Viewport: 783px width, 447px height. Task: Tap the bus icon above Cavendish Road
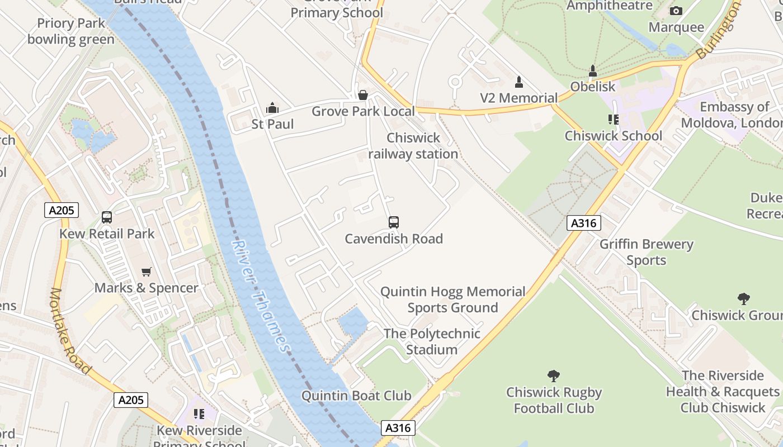[394, 222]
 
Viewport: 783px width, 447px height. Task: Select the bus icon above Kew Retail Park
[107, 217]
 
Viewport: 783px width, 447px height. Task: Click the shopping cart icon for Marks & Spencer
[147, 272]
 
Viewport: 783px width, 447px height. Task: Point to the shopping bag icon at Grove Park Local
[363, 95]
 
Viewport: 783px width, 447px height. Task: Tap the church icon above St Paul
[272, 108]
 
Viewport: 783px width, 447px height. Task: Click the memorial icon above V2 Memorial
[519, 82]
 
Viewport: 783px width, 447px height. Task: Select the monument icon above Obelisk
[593, 71]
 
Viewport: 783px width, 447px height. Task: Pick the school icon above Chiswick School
[614, 120]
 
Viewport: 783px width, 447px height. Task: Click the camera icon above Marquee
[676, 11]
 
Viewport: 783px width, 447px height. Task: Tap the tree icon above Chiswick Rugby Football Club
[554, 376]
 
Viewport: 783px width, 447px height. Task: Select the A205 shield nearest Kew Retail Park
[62, 210]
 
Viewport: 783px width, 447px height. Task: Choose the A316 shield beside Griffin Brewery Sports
[584, 223]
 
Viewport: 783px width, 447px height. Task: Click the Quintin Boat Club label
[356, 396]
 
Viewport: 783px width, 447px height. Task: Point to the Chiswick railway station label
[413, 146]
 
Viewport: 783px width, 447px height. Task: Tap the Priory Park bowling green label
[71, 31]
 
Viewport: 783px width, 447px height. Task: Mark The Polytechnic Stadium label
[432, 341]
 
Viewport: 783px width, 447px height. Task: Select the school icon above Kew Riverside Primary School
[199, 414]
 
